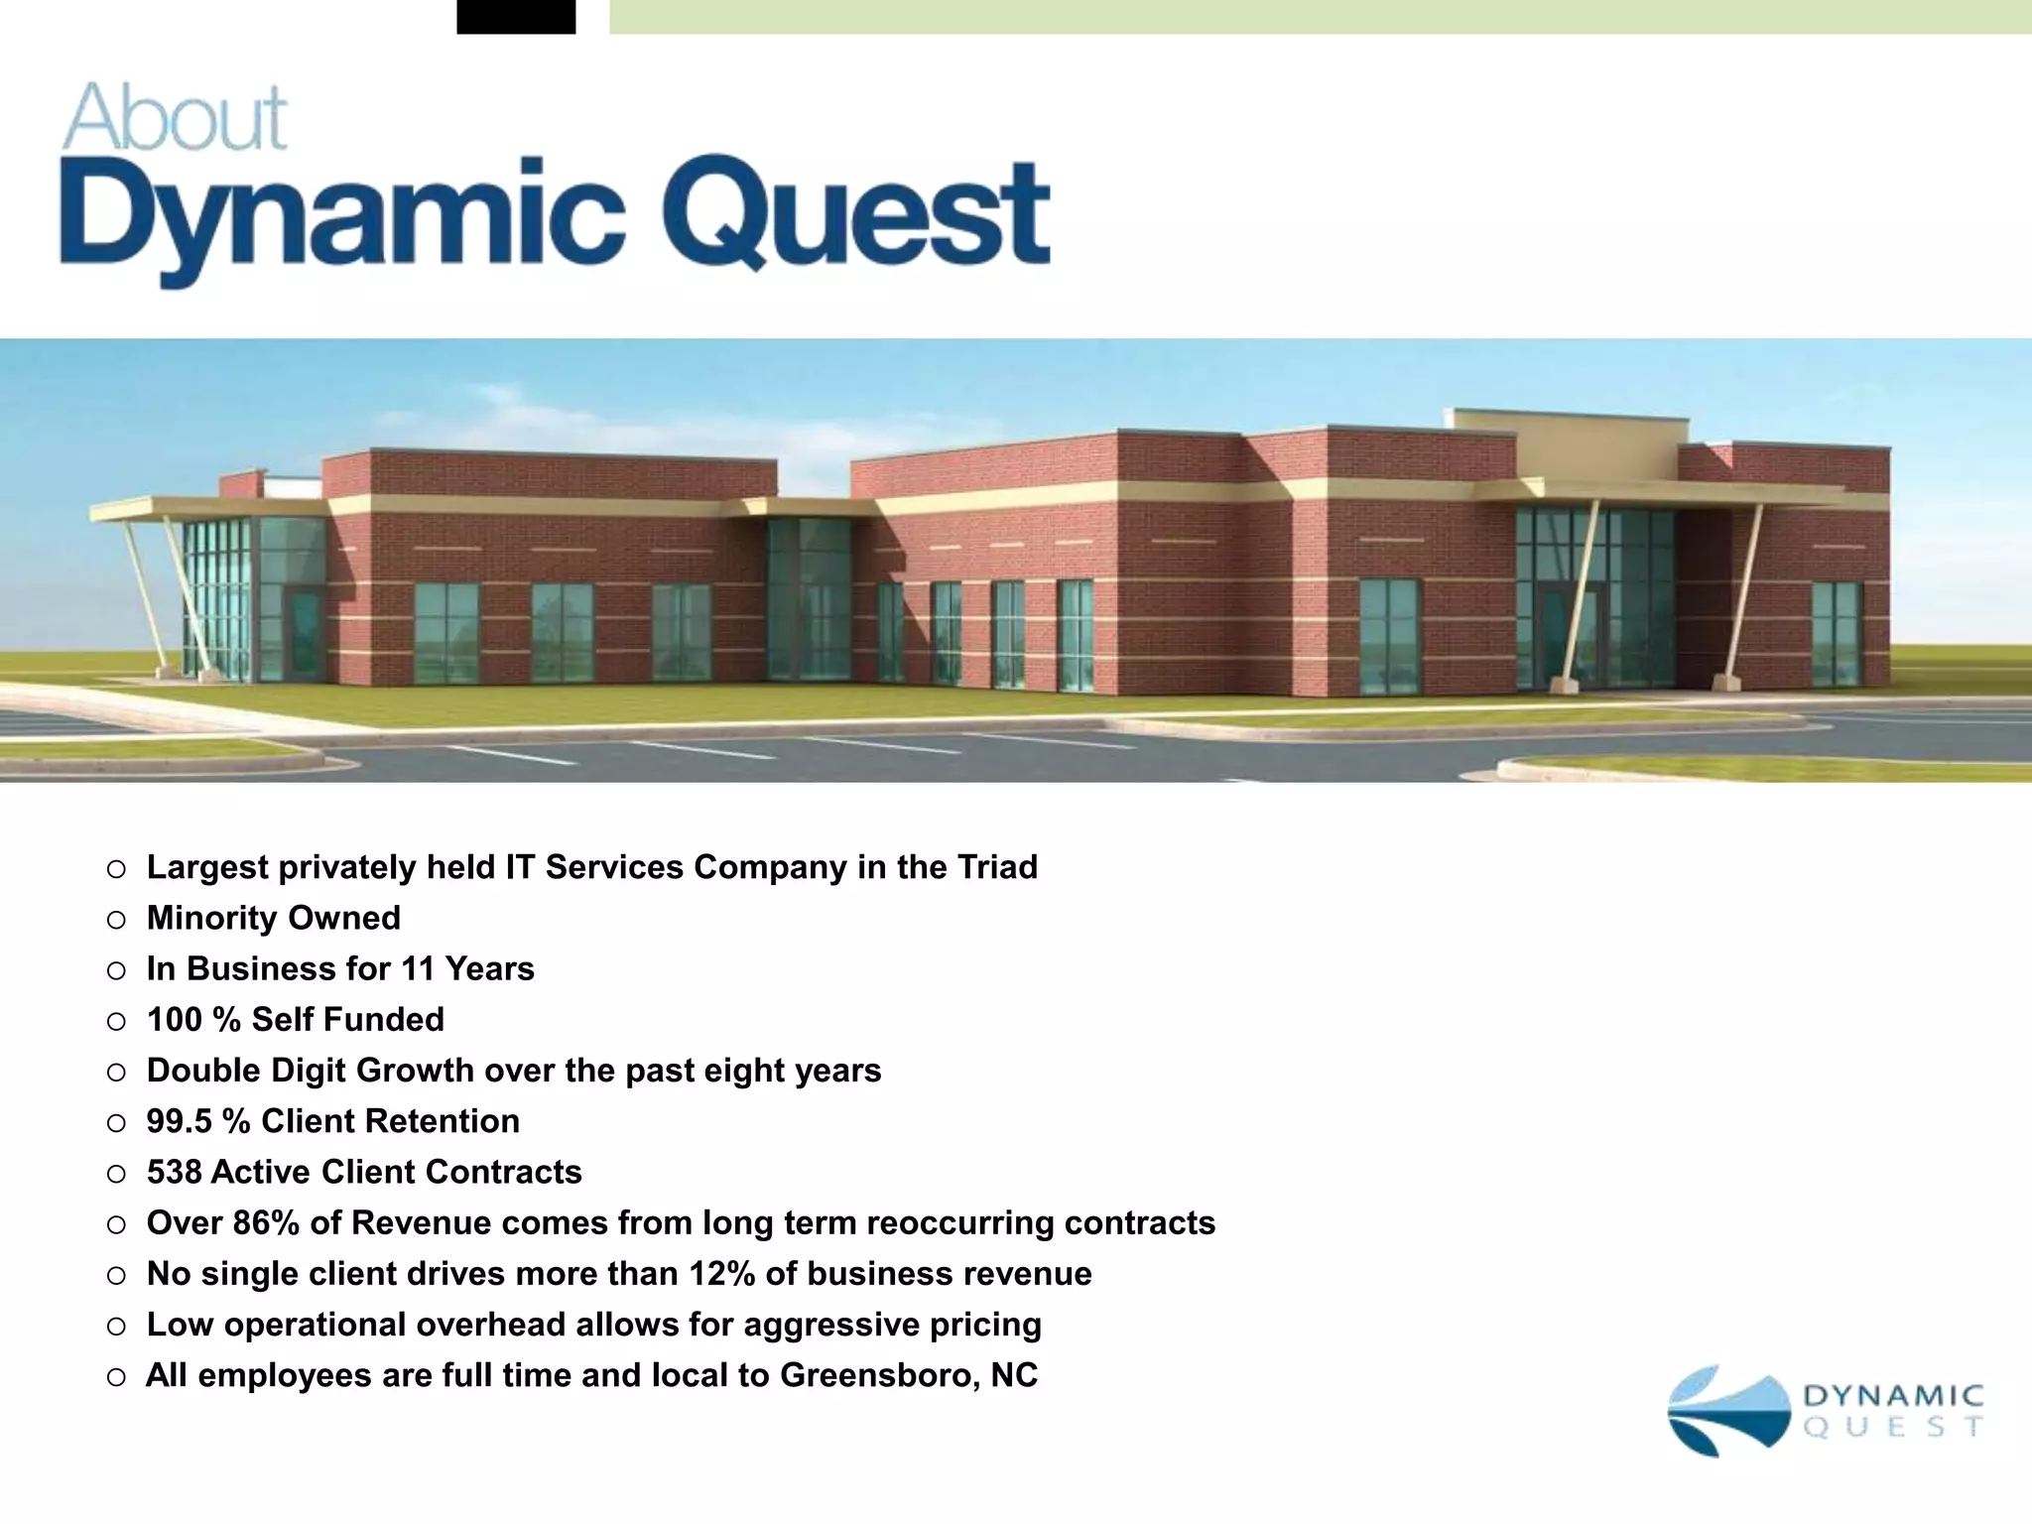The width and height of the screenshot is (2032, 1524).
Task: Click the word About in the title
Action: [x=176, y=118]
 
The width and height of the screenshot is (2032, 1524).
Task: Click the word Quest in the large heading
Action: [x=855, y=213]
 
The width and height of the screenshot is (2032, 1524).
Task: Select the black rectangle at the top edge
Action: [x=516, y=17]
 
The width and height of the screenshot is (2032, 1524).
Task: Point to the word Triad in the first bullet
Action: [x=994, y=867]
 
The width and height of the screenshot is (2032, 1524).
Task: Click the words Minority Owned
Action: [x=274, y=918]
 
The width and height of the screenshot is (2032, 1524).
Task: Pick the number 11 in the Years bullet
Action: [x=418, y=968]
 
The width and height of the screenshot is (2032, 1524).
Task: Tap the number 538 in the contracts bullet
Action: [x=174, y=1172]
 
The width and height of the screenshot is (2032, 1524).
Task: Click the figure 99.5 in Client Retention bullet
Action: [x=180, y=1121]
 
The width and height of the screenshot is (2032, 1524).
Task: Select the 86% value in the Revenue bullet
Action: [x=266, y=1222]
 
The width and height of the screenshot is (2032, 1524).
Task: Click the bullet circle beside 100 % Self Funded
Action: [x=117, y=1021]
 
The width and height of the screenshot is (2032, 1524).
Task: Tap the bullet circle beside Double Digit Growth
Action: [x=117, y=1072]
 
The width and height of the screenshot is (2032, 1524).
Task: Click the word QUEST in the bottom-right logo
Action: [x=1893, y=1428]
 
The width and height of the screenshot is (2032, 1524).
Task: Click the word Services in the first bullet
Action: [x=614, y=867]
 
